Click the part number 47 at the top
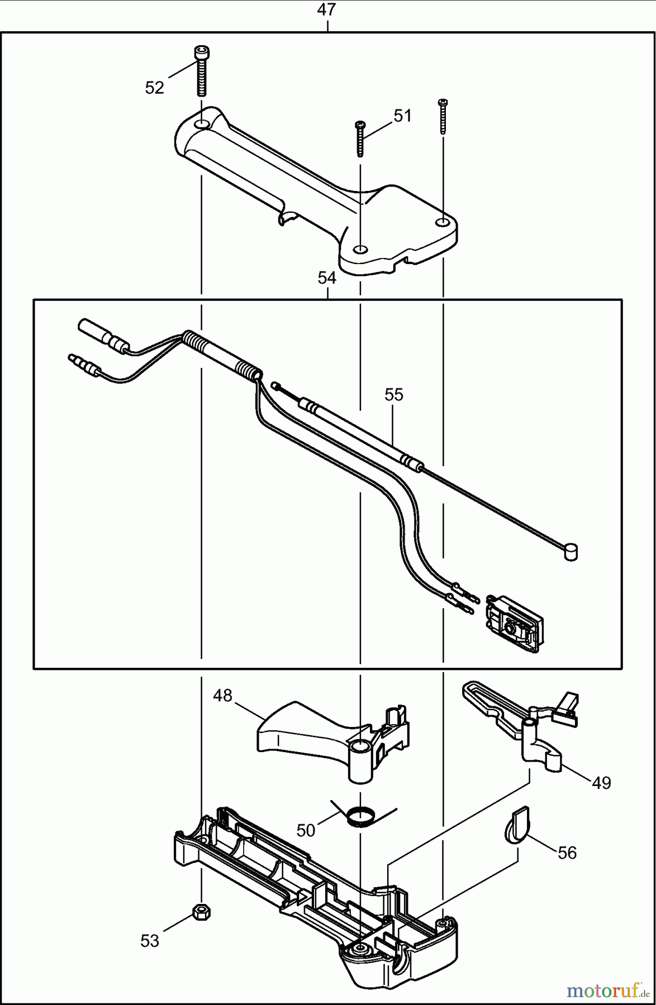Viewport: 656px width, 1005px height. (327, 10)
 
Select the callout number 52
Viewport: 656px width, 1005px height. (155, 88)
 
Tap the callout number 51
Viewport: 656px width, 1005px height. (402, 116)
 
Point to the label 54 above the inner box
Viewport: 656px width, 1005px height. (327, 277)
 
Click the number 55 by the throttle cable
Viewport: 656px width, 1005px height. (393, 395)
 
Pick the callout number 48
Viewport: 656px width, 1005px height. (222, 696)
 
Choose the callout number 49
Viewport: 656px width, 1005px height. (601, 783)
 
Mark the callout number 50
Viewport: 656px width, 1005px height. (306, 830)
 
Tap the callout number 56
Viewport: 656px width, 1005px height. (567, 853)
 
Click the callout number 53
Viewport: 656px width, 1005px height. (150, 941)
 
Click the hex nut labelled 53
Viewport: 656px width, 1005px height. (201, 912)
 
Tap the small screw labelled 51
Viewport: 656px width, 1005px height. (360, 138)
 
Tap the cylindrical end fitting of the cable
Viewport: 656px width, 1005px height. (571, 552)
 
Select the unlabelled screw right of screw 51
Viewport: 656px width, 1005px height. (443, 116)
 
